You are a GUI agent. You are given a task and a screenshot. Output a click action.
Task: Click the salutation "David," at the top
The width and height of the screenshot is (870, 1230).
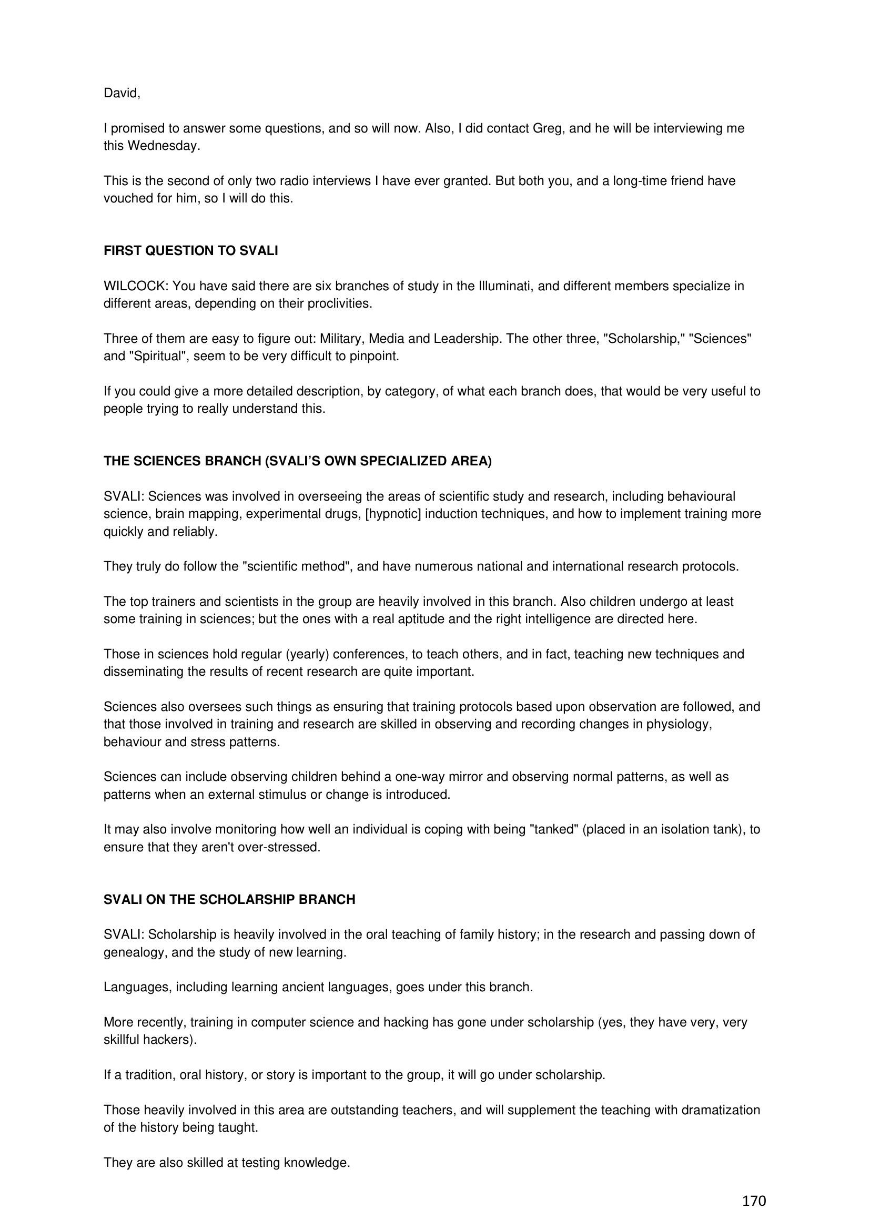[122, 93]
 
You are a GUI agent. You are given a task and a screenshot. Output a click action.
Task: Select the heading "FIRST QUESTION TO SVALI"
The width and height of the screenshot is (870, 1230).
[191, 251]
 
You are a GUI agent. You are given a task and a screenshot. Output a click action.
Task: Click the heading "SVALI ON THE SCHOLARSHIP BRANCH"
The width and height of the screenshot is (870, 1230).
[229, 899]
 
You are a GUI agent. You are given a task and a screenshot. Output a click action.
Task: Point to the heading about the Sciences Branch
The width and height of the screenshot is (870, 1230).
[297, 461]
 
